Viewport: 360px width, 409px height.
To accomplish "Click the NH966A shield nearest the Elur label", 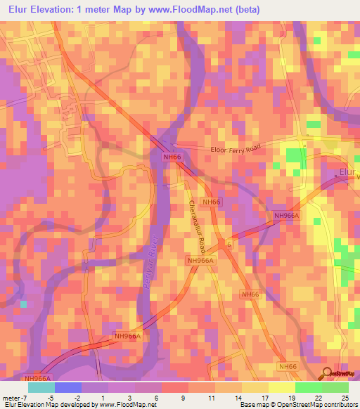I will [x=286, y=216].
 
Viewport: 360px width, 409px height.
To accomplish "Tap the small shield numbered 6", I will [x=227, y=243].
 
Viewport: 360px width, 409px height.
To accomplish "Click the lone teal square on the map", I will [x=25, y=304].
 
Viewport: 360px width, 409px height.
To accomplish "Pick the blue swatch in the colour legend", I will [x=67, y=387].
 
